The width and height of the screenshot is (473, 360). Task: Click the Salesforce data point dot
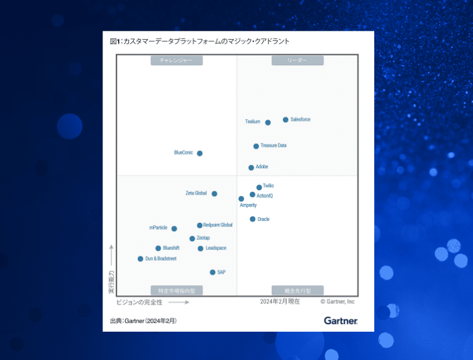pyautogui.click(x=286, y=120)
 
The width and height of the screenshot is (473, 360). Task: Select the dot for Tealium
pyautogui.click(x=268, y=122)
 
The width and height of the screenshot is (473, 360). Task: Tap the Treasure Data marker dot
pyautogui.click(x=256, y=146)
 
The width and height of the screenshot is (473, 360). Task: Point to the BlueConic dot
pyautogui.click(x=200, y=153)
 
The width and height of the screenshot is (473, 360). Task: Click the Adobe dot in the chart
pyautogui.click(x=251, y=167)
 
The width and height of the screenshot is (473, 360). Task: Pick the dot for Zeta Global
pyautogui.click(x=214, y=194)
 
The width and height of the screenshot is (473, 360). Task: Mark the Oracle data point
pyautogui.click(x=252, y=219)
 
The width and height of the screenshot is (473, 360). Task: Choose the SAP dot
pyautogui.click(x=213, y=273)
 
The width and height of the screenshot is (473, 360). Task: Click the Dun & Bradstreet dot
pyautogui.click(x=140, y=259)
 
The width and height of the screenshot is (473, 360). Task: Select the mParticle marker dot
pyautogui.click(x=174, y=228)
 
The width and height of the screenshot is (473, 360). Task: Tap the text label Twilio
pyautogui.click(x=268, y=186)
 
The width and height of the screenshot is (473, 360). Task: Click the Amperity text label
pyautogui.click(x=248, y=205)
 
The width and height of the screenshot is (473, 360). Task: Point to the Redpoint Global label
pyautogui.click(x=218, y=225)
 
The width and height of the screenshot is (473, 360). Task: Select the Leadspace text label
pyautogui.click(x=216, y=248)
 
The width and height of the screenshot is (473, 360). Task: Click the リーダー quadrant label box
pyautogui.click(x=298, y=60)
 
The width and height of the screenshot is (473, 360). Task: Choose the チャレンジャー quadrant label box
pyautogui.click(x=176, y=60)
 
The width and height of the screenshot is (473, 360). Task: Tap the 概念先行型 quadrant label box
pyautogui.click(x=298, y=290)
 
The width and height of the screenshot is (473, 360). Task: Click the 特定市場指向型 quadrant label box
pyautogui.click(x=176, y=290)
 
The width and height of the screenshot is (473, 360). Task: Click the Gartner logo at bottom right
pyautogui.click(x=340, y=321)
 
